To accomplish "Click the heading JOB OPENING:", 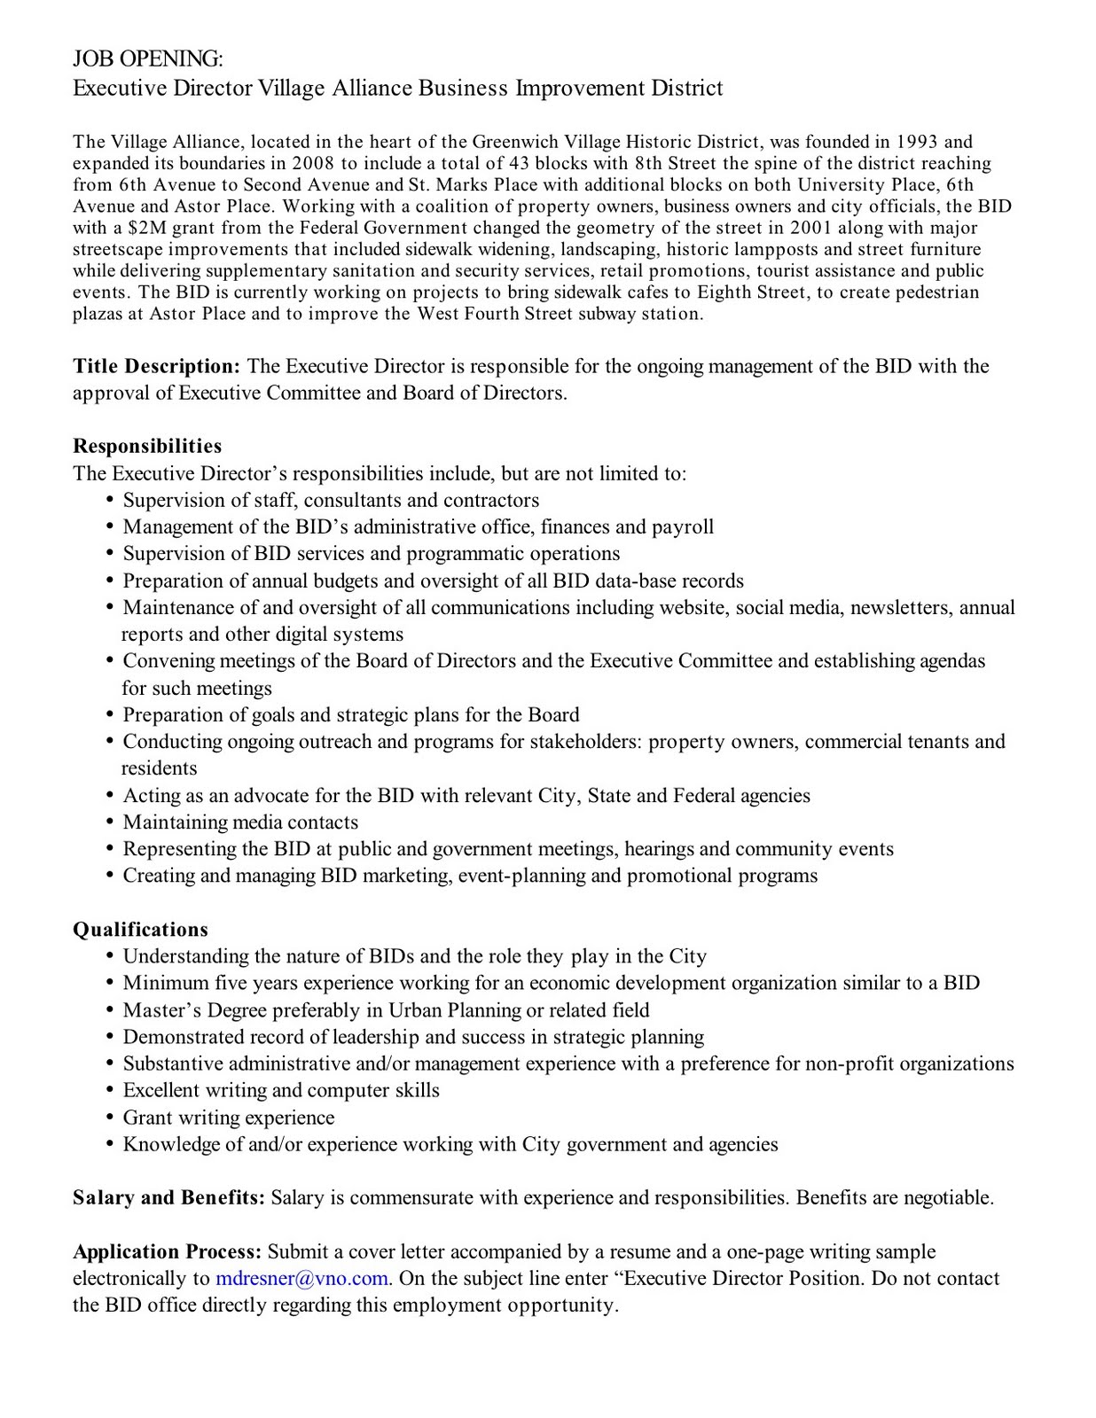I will tap(147, 59).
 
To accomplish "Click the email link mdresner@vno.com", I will tap(301, 1278).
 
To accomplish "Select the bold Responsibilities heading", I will tap(147, 446).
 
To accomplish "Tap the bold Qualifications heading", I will tap(140, 929).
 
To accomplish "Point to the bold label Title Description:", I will tap(156, 366).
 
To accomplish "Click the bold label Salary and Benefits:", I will tap(168, 1197).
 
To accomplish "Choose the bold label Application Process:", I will tap(167, 1251).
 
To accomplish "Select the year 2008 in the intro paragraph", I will tap(313, 163).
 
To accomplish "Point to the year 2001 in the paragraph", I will tap(810, 228).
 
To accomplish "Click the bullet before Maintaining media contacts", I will tap(110, 822).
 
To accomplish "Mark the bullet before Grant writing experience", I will tap(110, 1118).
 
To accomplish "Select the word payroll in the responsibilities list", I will tap(683, 527).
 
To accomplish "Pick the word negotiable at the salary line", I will tap(948, 1197).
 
